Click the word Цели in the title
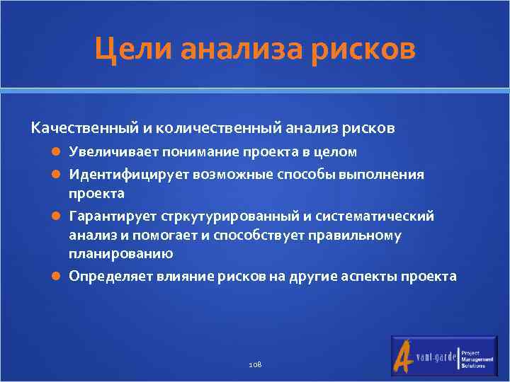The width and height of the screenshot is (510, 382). (x=135, y=50)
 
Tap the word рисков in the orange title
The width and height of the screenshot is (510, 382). (x=366, y=50)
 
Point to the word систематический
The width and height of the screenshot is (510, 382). (x=383, y=216)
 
